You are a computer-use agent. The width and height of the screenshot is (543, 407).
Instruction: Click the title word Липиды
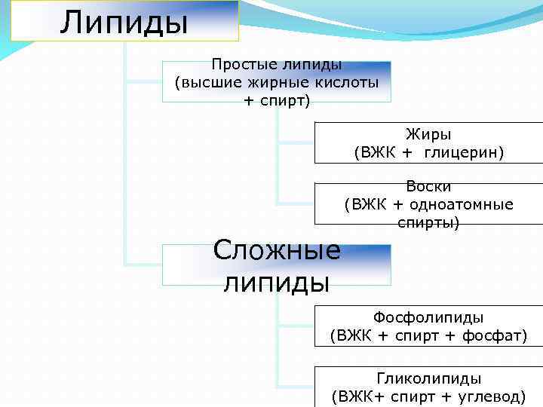pos(124,21)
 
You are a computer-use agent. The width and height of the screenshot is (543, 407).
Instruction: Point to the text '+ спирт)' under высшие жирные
pos(277,100)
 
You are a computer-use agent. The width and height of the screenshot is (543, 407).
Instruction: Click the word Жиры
pos(428,135)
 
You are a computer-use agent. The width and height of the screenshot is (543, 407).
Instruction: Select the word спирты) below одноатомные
pos(428,222)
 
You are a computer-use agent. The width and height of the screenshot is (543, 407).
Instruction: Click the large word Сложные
pos(277,249)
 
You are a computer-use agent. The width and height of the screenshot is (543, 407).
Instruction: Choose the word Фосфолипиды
pos(428,317)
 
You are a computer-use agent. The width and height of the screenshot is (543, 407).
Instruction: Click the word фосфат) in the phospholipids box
pos(494,335)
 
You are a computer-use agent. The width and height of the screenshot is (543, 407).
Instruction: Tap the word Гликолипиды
pos(428,378)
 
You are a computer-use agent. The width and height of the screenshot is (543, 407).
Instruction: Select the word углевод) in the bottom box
pos(494,396)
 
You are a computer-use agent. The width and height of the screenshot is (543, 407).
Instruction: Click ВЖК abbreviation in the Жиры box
pos(375,152)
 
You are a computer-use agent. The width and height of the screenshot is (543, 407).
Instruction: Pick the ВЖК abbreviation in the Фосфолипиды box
pos(352,335)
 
